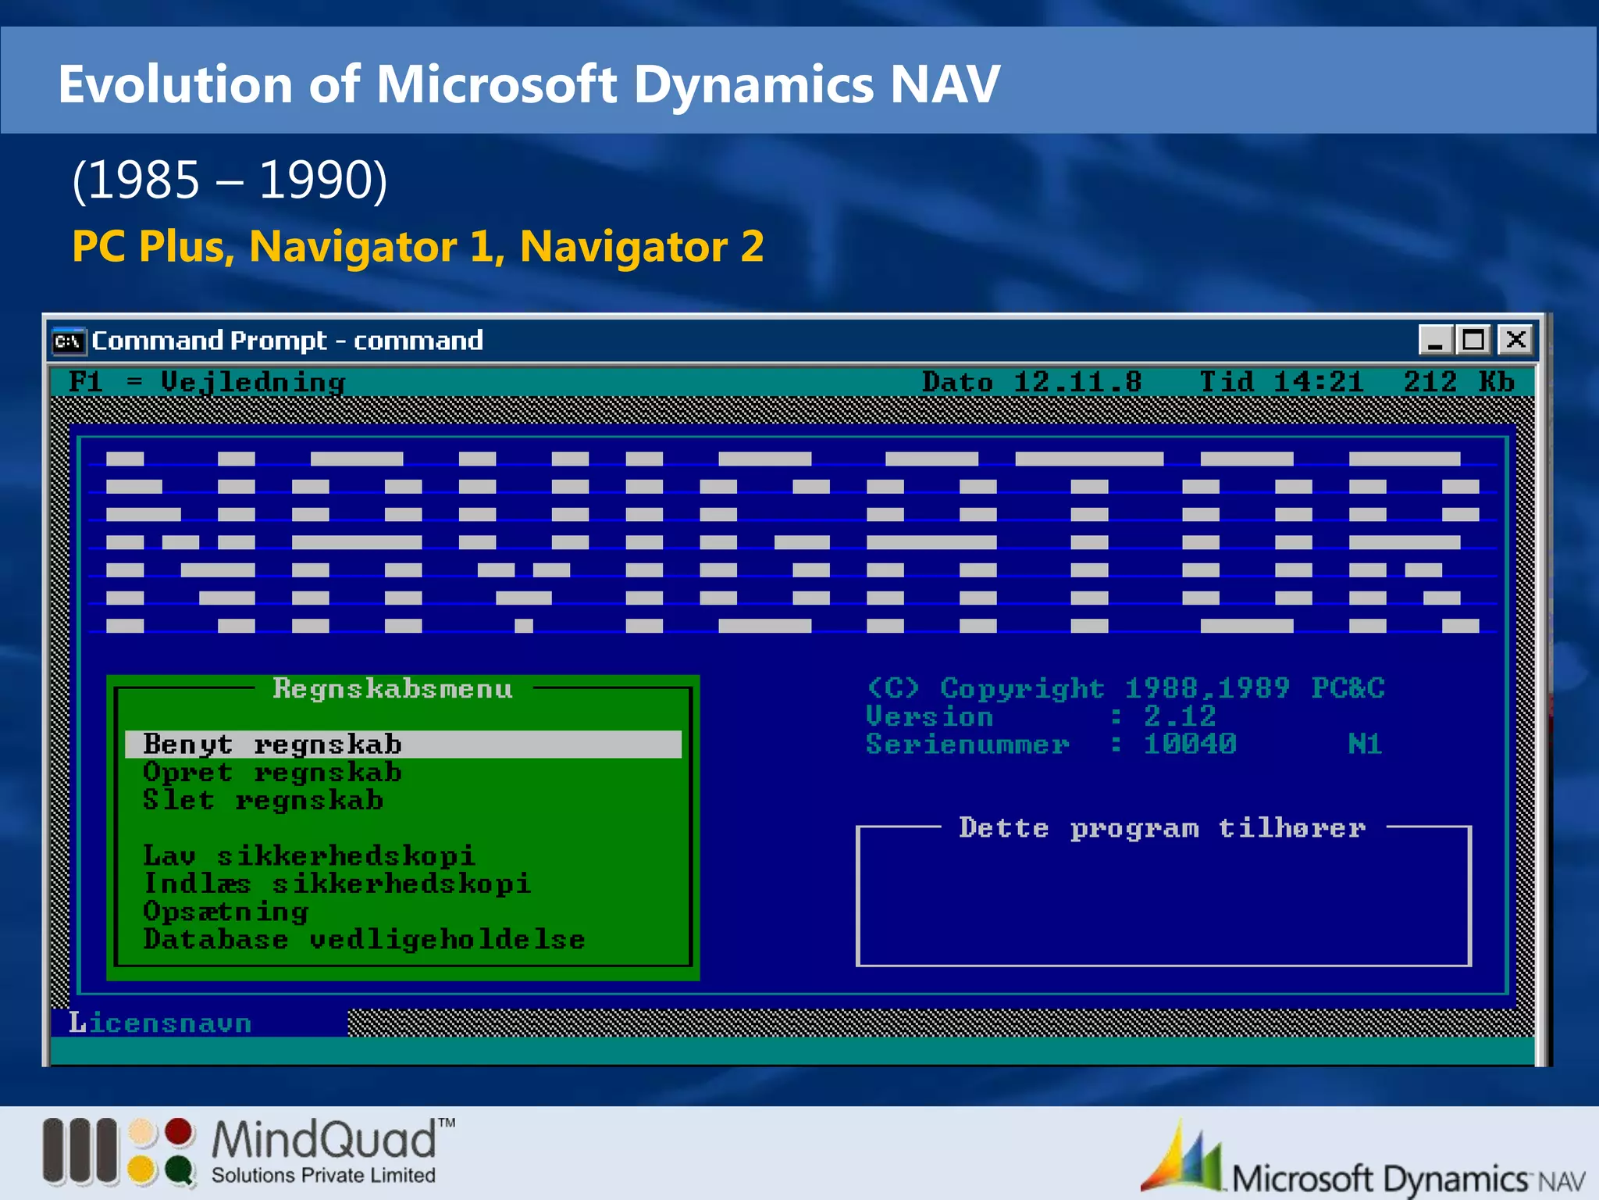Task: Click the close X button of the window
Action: coord(1515,341)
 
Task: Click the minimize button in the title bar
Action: coord(1435,341)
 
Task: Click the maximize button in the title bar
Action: coord(1474,341)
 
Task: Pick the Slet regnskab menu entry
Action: coord(263,801)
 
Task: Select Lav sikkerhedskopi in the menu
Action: coord(308,856)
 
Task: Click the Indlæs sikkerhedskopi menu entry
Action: coord(337,884)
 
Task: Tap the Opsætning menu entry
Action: coord(226,912)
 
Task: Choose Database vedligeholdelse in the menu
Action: coord(364,940)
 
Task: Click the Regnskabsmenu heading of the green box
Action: coord(393,689)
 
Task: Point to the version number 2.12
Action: coord(1180,716)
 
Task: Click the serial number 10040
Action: coord(1189,745)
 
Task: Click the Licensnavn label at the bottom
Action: coord(160,1023)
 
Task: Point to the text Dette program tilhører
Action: coord(1162,828)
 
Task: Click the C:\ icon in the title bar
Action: coord(69,341)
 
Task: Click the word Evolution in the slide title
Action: coord(175,84)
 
